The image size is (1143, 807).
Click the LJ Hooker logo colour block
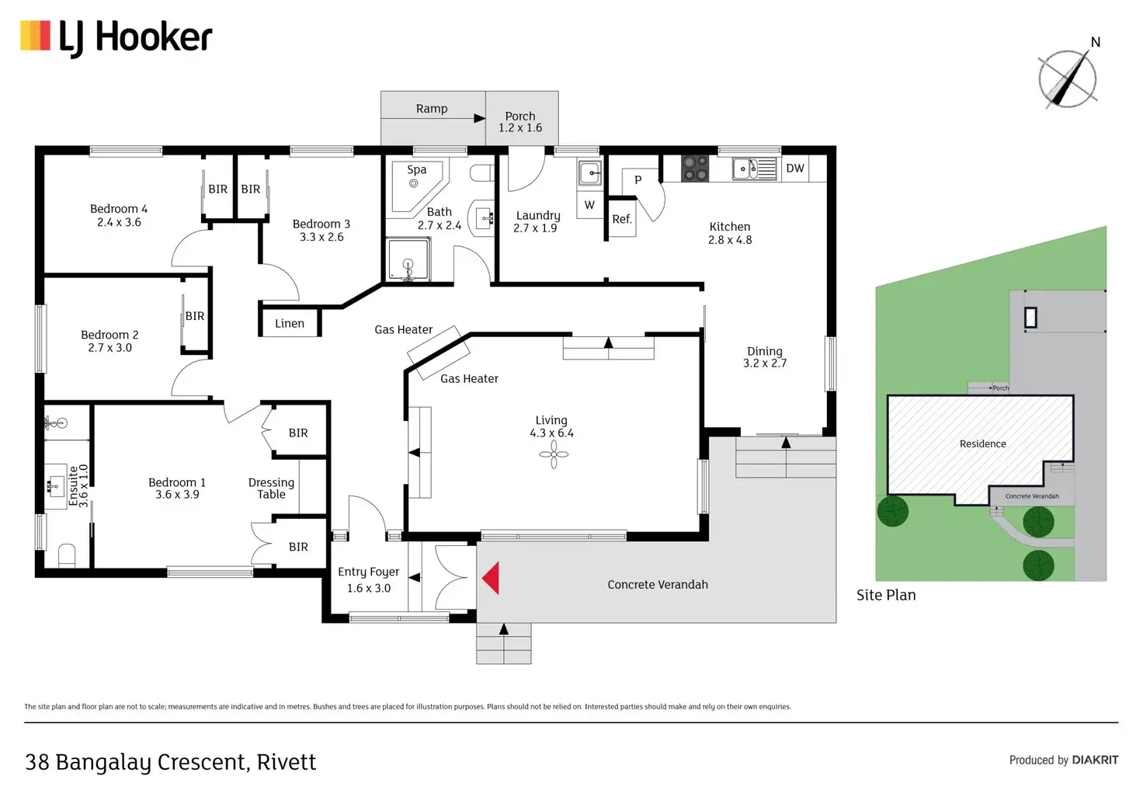(x=35, y=36)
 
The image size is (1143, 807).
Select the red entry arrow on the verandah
(x=491, y=578)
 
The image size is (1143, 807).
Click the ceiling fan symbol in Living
(x=554, y=454)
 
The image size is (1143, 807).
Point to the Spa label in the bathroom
(x=417, y=169)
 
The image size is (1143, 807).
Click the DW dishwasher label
(x=795, y=168)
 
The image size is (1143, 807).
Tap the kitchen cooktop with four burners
(x=695, y=169)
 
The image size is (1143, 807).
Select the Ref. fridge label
(x=622, y=219)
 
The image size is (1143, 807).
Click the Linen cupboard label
(x=290, y=323)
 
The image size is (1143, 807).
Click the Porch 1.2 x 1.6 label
(x=520, y=122)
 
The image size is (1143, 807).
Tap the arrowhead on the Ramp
(x=479, y=118)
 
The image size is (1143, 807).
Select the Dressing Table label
(x=271, y=488)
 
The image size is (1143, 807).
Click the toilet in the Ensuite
(x=67, y=555)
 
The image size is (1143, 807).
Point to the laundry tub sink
(x=590, y=173)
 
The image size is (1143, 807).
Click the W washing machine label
(x=589, y=205)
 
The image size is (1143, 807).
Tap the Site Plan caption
(x=886, y=595)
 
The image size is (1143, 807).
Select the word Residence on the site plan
(x=983, y=444)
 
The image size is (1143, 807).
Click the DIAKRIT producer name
(x=1095, y=760)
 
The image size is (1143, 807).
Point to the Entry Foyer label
(x=368, y=572)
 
